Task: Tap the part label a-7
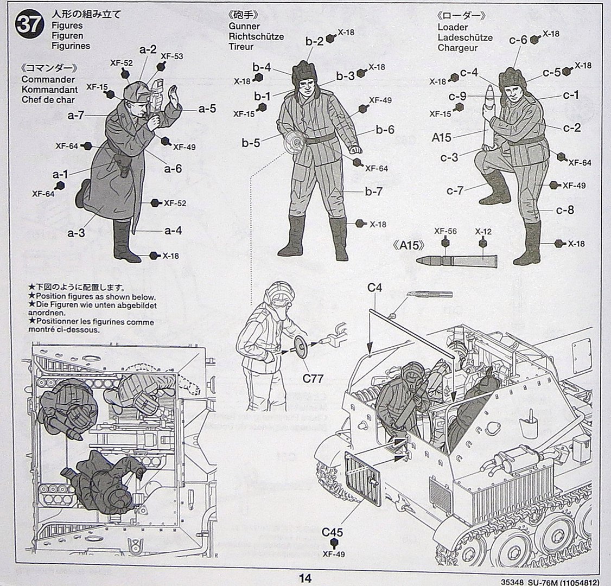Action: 76,115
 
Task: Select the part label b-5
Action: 251,143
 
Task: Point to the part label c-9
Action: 457,97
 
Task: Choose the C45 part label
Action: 332,532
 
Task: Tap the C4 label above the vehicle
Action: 374,288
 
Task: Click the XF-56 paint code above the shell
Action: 445,232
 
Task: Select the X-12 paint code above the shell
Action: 483,232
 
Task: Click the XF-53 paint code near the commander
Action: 171,56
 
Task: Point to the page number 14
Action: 305,578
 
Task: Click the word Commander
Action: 48,79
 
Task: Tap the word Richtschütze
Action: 256,36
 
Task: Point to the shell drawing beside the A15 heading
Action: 456,262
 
